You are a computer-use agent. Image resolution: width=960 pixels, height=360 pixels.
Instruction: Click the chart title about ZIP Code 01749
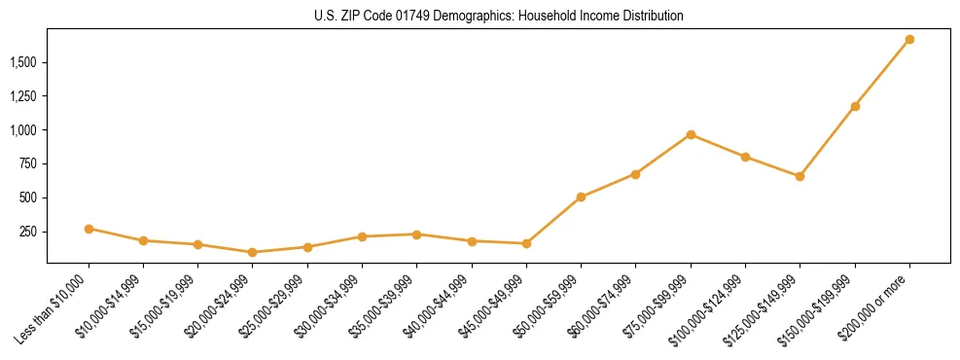point(499,17)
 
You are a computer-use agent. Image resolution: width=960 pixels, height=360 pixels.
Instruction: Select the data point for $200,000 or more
point(909,39)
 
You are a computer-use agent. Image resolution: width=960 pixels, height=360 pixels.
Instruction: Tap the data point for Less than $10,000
point(89,229)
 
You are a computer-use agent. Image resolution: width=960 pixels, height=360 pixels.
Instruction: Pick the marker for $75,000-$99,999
point(691,134)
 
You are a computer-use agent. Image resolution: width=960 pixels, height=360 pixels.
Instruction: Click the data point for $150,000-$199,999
point(855,106)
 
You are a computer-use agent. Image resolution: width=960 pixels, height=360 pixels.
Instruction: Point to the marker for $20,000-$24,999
point(253,252)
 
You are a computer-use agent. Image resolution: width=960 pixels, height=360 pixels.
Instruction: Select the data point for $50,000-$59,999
point(581,197)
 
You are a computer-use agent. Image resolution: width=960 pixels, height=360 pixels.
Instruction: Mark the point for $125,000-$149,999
point(800,176)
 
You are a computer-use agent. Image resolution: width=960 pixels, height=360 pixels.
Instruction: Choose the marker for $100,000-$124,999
point(745,157)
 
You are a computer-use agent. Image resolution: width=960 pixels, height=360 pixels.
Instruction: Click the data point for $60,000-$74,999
point(635,174)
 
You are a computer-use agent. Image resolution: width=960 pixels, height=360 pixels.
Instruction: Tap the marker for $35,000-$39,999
point(416,234)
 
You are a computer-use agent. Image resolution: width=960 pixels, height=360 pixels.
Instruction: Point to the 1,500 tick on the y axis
point(24,62)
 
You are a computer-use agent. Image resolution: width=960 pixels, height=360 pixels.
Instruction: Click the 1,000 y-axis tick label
point(24,130)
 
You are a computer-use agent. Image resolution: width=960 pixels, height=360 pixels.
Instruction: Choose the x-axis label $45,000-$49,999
point(490,305)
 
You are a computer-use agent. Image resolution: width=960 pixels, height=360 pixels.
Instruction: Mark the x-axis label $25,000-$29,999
point(272,305)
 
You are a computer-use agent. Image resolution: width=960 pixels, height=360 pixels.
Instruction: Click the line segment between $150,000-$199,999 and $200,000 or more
point(882,73)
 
